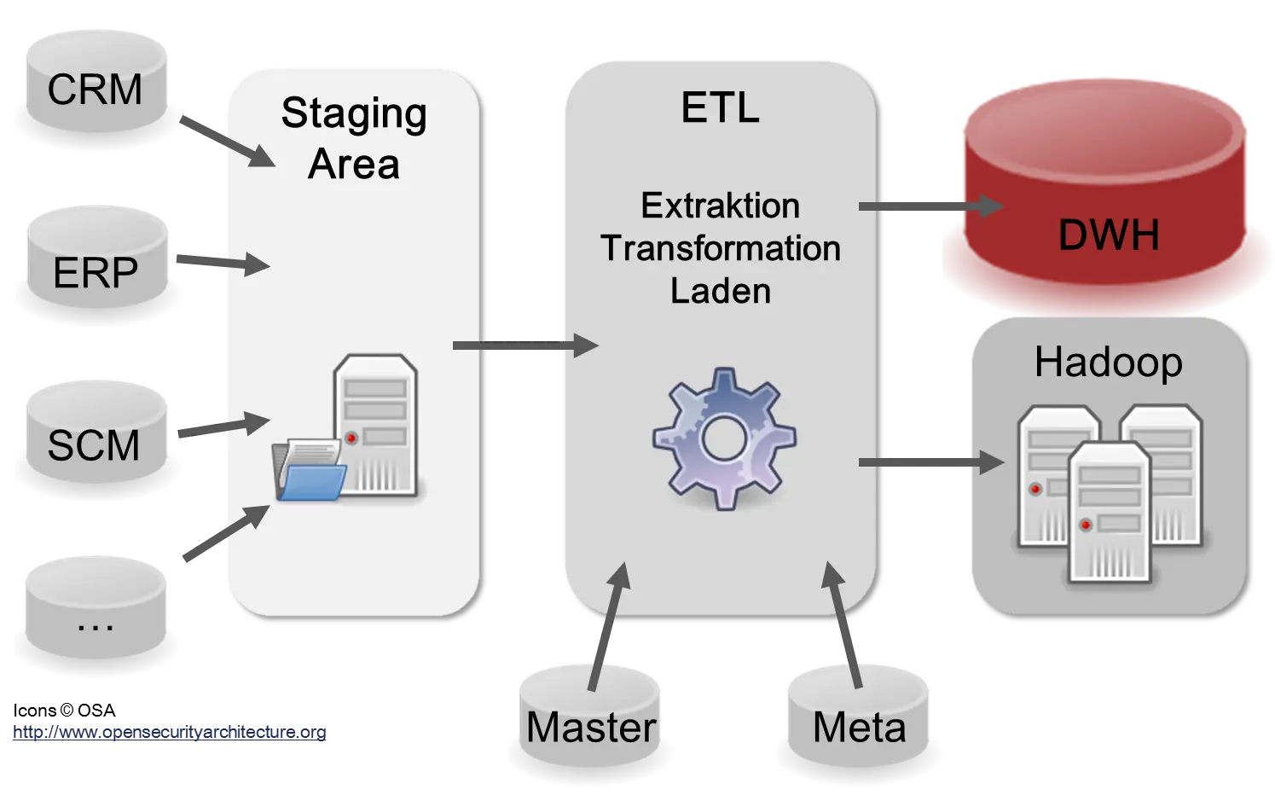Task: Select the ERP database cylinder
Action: coord(96,271)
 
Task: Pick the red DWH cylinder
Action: coord(1107,205)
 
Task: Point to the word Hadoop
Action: coord(1108,362)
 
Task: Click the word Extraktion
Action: coord(720,206)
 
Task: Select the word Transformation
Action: coord(720,248)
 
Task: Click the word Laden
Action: coord(720,291)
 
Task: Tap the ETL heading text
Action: coord(720,108)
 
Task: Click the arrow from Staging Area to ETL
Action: coord(524,345)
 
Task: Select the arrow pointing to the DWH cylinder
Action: coord(930,206)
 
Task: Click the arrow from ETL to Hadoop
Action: coord(930,462)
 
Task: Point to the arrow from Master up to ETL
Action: coord(609,627)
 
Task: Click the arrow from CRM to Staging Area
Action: coord(227,139)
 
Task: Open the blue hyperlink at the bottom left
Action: coord(171,732)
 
